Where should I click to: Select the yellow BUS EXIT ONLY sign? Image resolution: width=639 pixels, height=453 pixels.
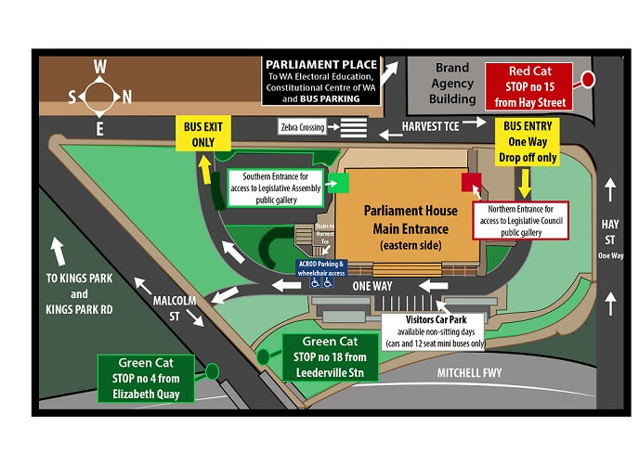point(204,134)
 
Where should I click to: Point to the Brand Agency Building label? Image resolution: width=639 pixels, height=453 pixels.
point(452,84)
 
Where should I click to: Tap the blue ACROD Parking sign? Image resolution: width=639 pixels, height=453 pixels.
point(321,269)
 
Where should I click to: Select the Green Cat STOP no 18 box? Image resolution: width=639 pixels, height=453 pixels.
point(331,356)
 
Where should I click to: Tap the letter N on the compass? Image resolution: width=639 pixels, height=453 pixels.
point(127,97)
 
